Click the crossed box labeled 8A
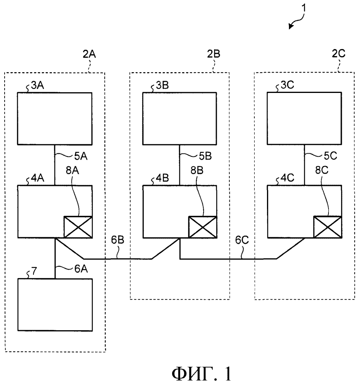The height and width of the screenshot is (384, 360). (78, 226)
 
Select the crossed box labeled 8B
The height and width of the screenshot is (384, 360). (202, 226)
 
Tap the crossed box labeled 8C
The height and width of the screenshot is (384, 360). (327, 226)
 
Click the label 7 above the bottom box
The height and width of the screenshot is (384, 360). (34, 273)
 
